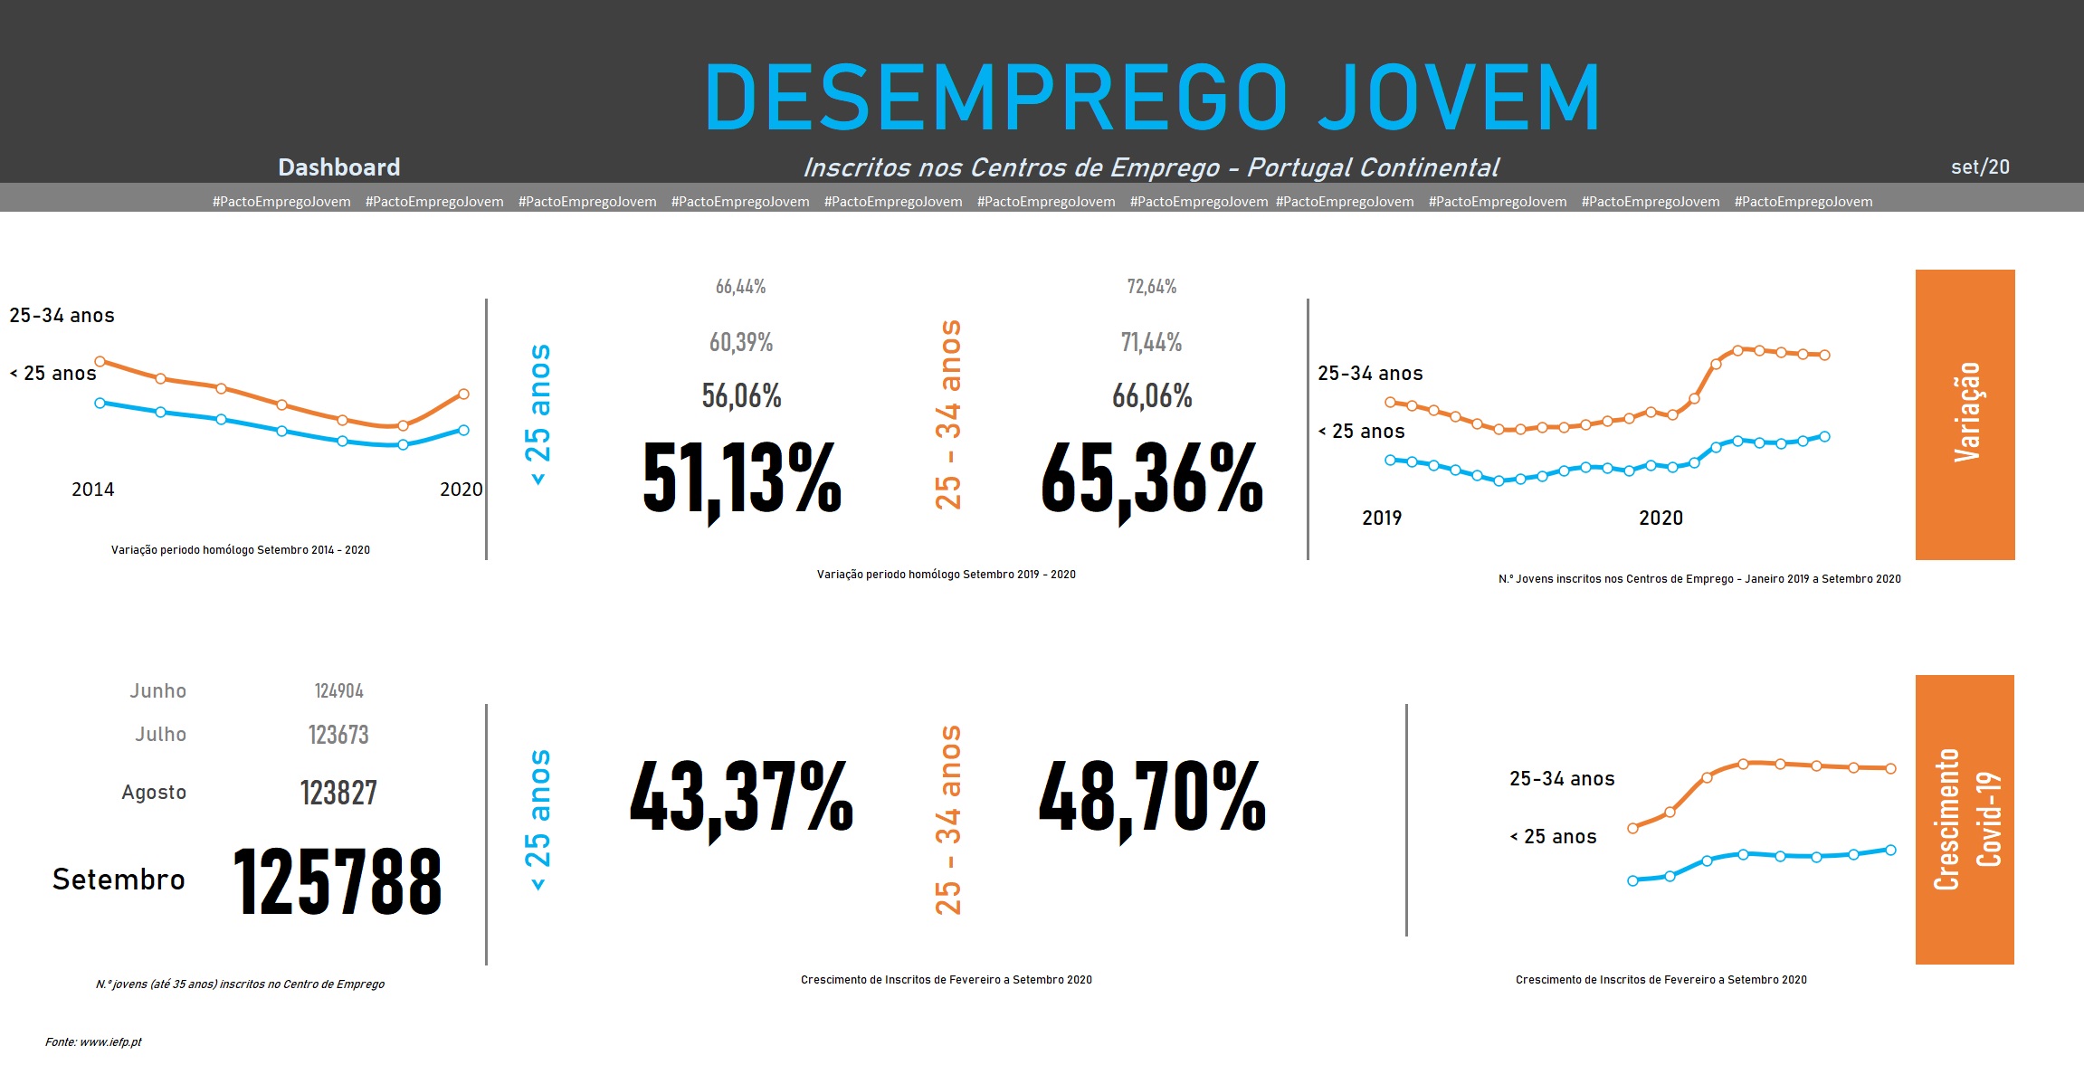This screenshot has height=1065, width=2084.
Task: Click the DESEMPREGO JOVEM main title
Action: [1151, 98]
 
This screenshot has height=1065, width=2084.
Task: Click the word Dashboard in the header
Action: [338, 167]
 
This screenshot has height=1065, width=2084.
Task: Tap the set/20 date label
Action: [1980, 167]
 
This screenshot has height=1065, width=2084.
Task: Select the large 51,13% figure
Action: [742, 478]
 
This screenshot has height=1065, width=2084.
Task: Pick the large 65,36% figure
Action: [1151, 478]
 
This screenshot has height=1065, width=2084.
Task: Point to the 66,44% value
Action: [740, 287]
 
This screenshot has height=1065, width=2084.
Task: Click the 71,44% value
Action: [1151, 342]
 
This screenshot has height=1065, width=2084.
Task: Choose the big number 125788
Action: [338, 880]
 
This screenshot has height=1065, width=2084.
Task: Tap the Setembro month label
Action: [119, 880]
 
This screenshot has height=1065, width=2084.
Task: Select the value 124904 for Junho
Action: [338, 691]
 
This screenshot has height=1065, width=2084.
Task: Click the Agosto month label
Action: [154, 793]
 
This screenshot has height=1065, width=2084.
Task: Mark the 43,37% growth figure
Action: [741, 796]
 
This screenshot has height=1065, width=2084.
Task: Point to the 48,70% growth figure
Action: [1151, 796]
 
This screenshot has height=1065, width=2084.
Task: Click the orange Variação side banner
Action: [1965, 414]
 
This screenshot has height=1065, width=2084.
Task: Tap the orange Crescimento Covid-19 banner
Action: [1965, 819]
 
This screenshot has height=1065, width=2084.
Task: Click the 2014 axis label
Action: [92, 490]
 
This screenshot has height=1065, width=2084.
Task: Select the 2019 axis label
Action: [1381, 518]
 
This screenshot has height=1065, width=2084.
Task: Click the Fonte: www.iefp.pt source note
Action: [93, 1042]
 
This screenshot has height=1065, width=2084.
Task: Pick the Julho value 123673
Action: [338, 735]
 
